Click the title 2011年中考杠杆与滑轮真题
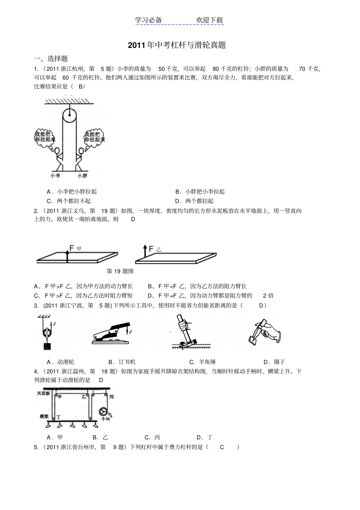[177, 45]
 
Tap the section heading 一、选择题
[51, 58]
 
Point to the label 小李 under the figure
[55, 176]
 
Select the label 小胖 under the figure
[82, 176]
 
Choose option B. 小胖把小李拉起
[200, 191]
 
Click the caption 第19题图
[120, 271]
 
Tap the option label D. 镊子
[274, 362]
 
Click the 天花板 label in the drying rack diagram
[43, 393]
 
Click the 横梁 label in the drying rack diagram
[44, 416]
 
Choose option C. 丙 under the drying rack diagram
[152, 437]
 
